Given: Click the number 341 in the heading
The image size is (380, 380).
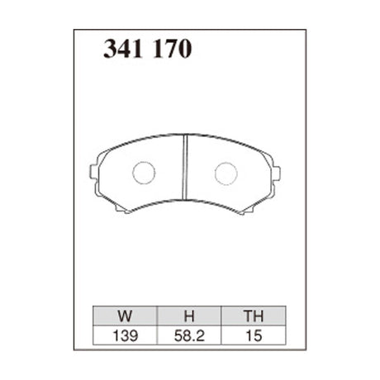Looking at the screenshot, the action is click(123, 49).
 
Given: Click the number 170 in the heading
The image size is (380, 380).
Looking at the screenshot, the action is click(172, 49).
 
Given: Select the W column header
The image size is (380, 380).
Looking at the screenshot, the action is click(125, 316).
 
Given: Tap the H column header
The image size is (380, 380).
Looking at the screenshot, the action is click(189, 316).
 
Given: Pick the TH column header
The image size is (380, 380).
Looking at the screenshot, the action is click(254, 316).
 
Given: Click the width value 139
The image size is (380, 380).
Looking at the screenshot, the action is click(125, 335).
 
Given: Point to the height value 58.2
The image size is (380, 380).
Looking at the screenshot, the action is click(189, 335).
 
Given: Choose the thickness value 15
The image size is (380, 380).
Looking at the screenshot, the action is click(254, 335).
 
